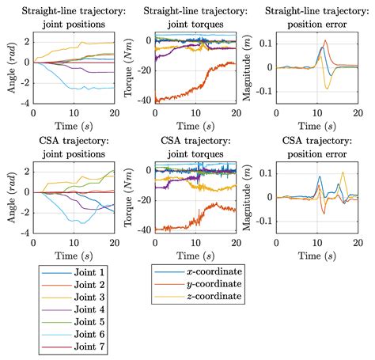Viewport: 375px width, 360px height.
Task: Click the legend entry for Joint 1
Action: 69,271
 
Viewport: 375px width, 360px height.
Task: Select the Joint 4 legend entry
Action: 69,309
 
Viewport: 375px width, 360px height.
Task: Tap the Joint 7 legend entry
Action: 69,347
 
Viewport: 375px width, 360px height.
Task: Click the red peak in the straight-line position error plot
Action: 325,41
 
